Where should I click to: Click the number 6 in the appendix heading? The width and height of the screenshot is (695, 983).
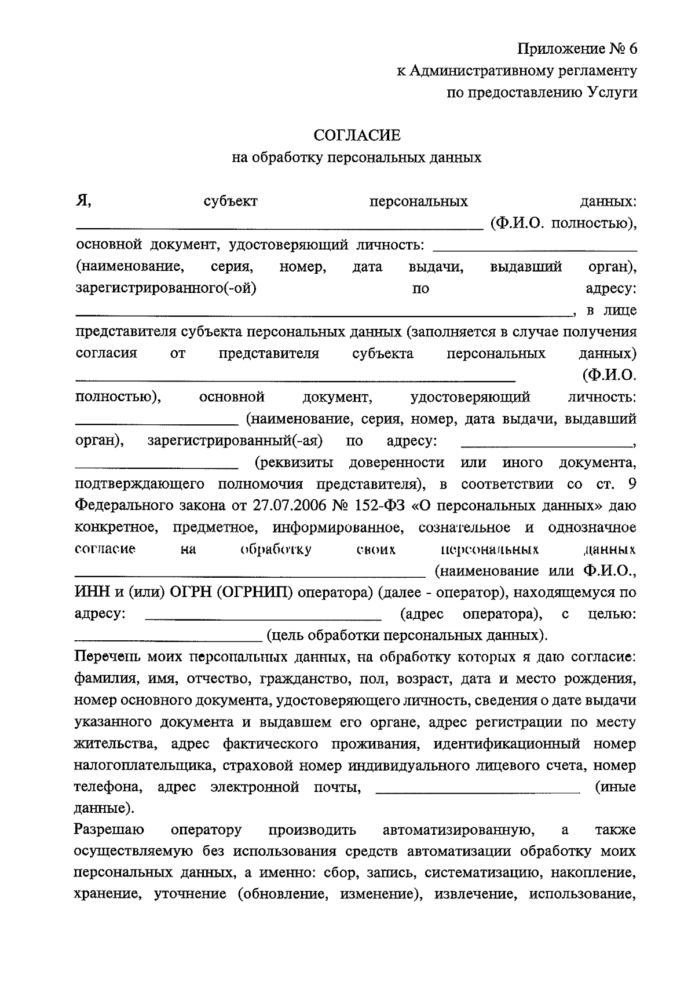point(631,49)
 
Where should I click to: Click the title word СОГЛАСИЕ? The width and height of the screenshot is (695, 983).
point(357,135)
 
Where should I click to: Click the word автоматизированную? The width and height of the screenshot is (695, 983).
point(458,830)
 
